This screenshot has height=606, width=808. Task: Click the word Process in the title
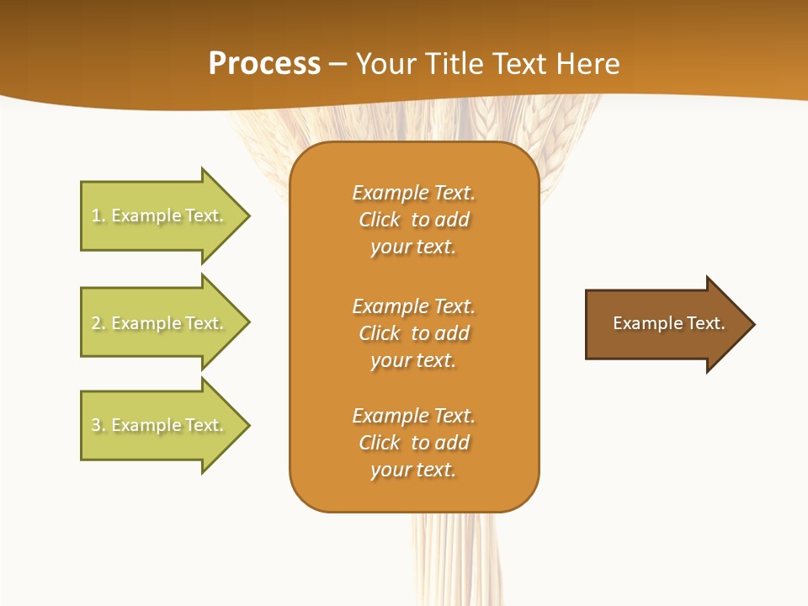click(264, 64)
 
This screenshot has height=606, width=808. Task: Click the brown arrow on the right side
click(665, 324)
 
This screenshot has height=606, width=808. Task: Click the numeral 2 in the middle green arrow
click(96, 323)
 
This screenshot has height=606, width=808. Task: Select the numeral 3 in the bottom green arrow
click(96, 425)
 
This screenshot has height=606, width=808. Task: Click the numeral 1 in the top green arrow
click(96, 215)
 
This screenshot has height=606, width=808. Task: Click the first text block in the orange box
click(413, 220)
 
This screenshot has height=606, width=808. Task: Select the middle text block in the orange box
click(413, 333)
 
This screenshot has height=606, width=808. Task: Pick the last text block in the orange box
click(413, 443)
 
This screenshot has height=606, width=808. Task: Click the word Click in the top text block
click(380, 220)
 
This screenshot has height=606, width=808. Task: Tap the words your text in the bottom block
click(413, 470)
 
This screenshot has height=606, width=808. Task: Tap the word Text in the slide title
click(522, 64)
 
